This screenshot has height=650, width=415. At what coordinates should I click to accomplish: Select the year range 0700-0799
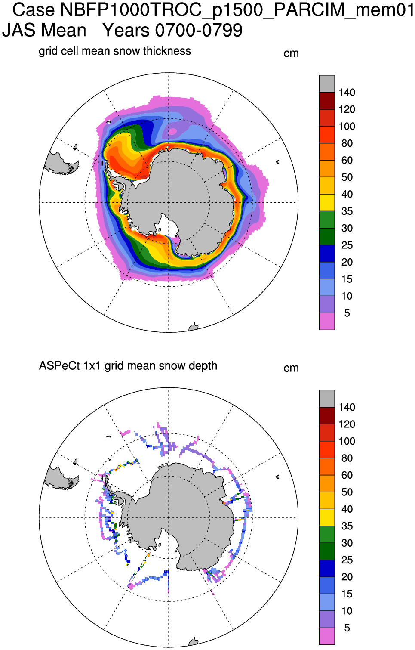click(x=198, y=31)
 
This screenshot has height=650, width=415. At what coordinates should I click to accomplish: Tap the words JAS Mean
click(x=44, y=31)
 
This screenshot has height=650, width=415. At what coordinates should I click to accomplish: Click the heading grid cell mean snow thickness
click(x=114, y=51)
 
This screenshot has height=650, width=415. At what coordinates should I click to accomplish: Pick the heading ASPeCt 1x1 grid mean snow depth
click(x=128, y=366)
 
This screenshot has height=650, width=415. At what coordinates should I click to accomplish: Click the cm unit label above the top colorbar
click(x=291, y=53)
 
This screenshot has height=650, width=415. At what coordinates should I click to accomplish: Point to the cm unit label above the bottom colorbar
click(x=291, y=368)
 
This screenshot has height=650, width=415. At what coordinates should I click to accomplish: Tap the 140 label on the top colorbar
click(x=347, y=93)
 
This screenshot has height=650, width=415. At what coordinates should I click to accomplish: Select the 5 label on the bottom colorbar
click(x=347, y=628)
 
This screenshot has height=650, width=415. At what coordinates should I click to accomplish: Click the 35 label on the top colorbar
click(x=347, y=211)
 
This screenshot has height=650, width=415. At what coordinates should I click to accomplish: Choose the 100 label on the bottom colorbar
click(x=347, y=441)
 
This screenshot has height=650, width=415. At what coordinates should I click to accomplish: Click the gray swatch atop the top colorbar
click(x=327, y=84)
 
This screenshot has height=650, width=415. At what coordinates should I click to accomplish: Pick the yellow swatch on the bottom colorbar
click(x=327, y=517)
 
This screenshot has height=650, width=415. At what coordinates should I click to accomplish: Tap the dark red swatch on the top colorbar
click(x=327, y=101)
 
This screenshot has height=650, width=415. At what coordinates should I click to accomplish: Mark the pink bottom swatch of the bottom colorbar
click(x=327, y=636)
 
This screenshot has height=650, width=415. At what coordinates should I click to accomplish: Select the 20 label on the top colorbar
click(x=347, y=262)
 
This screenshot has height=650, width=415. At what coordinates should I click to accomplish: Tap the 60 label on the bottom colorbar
click(x=347, y=475)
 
